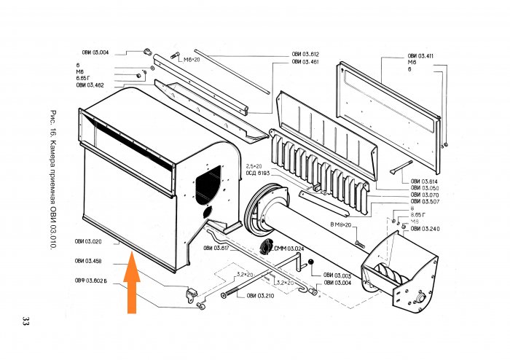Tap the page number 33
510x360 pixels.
tap(26, 321)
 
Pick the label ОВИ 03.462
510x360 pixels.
tap(90, 85)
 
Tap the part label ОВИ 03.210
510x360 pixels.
tap(260, 295)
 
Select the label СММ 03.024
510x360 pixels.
tap(289, 249)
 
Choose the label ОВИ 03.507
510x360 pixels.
tap(424, 202)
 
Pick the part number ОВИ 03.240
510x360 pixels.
tap(425, 229)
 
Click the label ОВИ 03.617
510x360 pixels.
tap(216, 249)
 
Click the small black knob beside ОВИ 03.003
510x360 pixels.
tap(310, 262)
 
